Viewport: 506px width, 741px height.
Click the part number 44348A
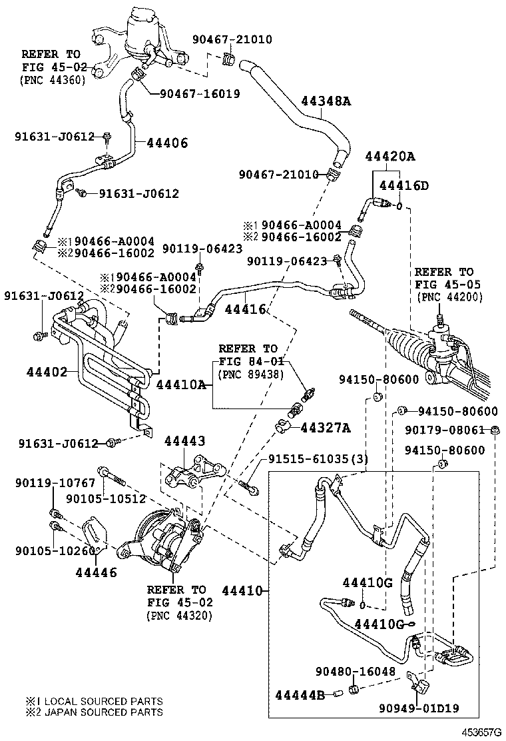(326, 101)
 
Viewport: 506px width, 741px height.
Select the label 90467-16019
(200, 94)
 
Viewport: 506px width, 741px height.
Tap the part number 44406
(166, 143)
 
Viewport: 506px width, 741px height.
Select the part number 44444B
(300, 695)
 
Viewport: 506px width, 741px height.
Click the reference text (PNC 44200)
(449, 297)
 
